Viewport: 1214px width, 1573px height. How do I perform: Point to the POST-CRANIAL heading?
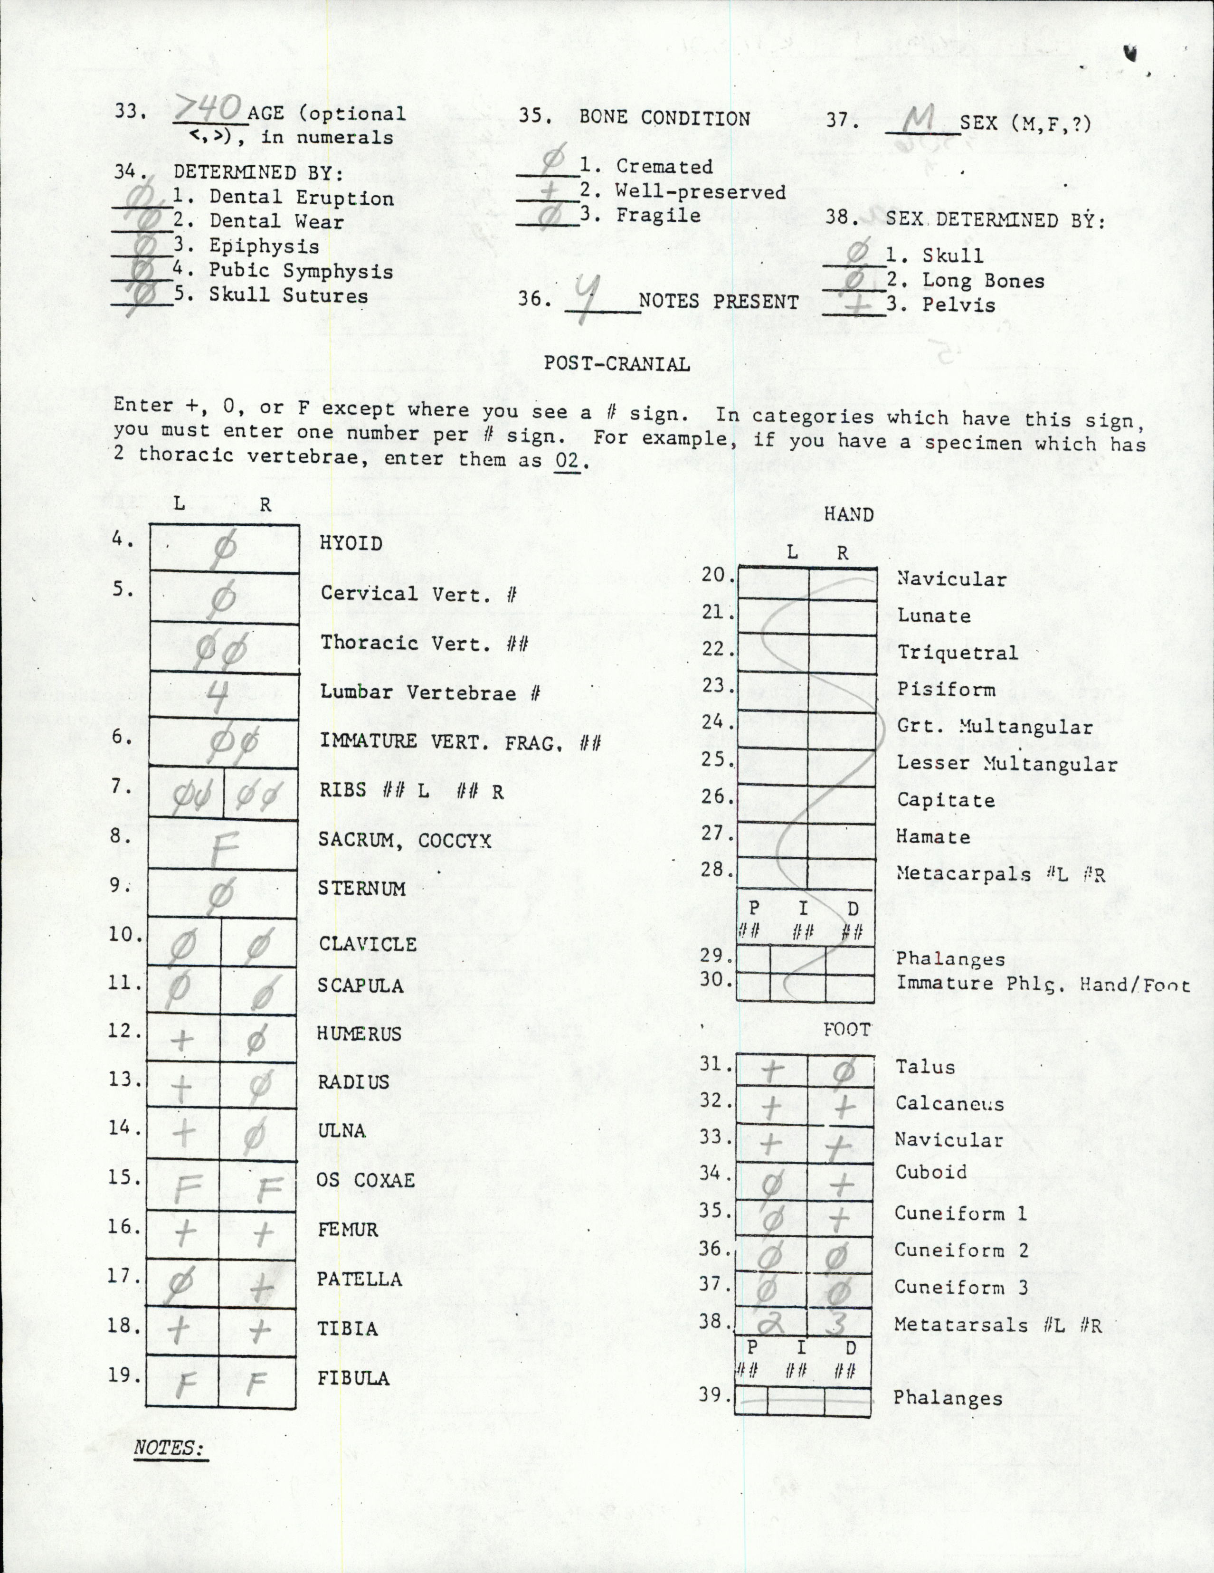[x=616, y=364]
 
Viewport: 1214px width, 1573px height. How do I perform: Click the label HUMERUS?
[x=359, y=1033]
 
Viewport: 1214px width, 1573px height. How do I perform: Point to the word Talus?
[x=925, y=1067]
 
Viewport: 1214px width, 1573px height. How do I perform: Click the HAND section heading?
[x=848, y=514]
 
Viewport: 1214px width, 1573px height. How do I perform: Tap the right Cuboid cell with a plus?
[x=841, y=1183]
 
